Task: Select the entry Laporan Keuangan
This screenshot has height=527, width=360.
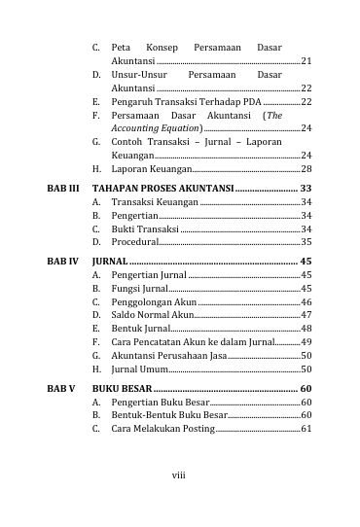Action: [149, 169]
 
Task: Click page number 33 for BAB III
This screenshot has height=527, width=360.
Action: [306, 187]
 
